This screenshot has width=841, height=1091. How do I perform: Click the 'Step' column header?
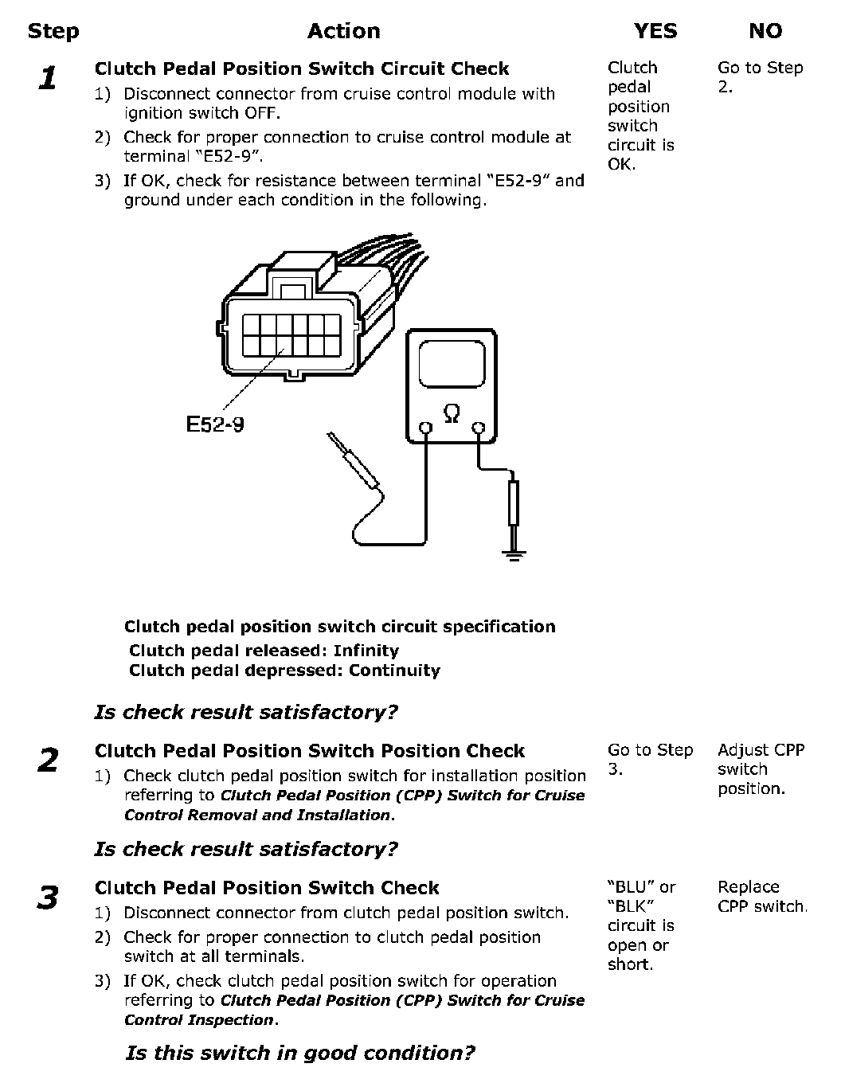pos(53,32)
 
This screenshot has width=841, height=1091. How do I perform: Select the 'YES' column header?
pos(655,32)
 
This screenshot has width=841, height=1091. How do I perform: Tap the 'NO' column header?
pos(765,32)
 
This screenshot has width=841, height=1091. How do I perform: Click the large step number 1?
pos(49,79)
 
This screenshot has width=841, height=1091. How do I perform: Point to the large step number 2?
pos(48,761)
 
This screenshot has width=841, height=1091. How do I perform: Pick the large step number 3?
pos(48,897)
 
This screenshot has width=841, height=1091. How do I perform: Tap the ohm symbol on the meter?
pos(451,413)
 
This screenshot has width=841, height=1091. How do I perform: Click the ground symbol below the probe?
pos(514,554)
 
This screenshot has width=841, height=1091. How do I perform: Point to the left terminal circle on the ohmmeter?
pos(426,429)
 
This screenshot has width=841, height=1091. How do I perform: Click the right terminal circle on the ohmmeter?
pos(478,429)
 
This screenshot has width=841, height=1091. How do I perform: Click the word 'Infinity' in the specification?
pos(366,651)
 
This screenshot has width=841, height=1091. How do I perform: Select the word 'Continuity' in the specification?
pos(394,671)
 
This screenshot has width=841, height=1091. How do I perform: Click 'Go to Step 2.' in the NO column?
pos(760,77)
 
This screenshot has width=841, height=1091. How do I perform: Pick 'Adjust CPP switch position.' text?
pos(761,769)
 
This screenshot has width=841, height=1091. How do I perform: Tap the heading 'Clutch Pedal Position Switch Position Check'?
pos(309,751)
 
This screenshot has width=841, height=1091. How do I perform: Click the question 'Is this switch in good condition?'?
pos(300,1054)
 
